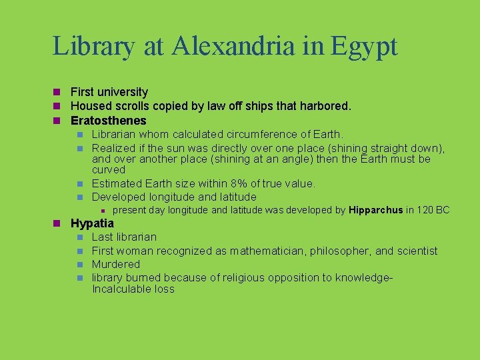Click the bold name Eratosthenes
[108, 121]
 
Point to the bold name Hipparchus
[376, 210]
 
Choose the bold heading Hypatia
[92, 223]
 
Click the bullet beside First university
[58, 92]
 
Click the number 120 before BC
[427, 210]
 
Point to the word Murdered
[116, 264]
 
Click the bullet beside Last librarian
[79, 237]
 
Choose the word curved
[108, 170]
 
